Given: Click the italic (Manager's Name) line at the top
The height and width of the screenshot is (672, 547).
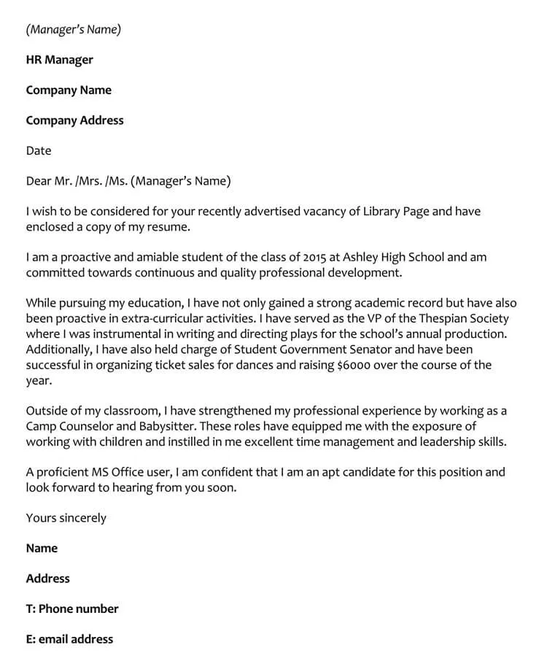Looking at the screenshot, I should [73, 30].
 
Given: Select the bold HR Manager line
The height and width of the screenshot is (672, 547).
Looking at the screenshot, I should [59, 60].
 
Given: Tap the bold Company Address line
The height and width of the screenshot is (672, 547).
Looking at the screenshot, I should [74, 120].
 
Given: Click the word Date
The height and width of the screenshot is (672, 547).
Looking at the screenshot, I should [39, 151].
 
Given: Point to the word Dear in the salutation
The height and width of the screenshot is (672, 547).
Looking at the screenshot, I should [39, 181].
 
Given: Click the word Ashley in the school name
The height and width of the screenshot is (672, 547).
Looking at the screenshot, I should [362, 258].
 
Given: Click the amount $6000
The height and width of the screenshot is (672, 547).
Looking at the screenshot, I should [359, 365].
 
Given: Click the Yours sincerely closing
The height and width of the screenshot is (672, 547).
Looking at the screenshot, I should [66, 518].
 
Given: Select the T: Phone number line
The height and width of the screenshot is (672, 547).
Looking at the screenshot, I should [71, 609].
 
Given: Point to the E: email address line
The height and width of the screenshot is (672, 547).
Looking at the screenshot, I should [69, 639].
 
